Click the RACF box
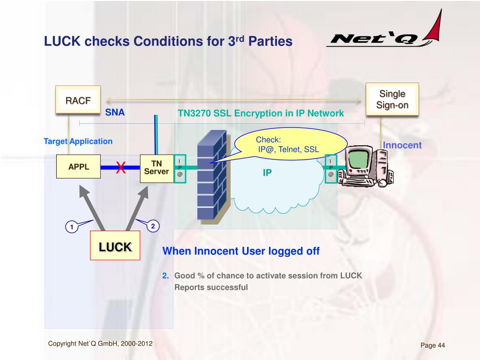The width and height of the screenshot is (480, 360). tap(78, 100)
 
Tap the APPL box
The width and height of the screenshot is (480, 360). tap(79, 167)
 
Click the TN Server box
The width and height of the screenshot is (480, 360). tap(156, 167)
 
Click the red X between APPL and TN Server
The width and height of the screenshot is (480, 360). tap(121, 167)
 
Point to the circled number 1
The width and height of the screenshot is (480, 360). tap(72, 227)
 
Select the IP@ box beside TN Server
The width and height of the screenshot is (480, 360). tap(180, 168)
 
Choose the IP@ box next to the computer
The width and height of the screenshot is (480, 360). tap(331, 168)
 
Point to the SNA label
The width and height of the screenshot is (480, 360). tap(114, 112)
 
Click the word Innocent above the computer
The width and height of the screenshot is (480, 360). tap(402, 145)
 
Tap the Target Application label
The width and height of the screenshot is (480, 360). tap(78, 141)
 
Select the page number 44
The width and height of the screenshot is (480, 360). tap(433, 345)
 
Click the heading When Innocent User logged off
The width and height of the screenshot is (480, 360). tap(241, 251)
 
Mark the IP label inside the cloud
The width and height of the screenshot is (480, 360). tap(267, 173)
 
